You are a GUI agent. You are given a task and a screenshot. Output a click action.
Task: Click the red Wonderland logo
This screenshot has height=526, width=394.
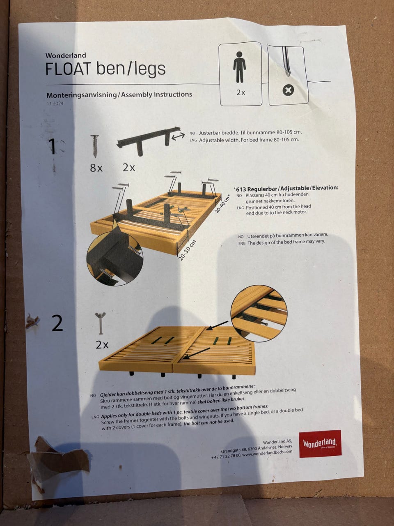click(x=320, y=443)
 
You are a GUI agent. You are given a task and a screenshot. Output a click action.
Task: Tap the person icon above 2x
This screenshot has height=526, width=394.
click(x=239, y=67)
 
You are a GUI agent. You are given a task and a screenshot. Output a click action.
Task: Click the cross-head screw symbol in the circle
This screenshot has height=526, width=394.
click(x=288, y=90)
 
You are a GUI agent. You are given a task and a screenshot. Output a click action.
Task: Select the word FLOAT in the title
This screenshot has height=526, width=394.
click(x=69, y=69)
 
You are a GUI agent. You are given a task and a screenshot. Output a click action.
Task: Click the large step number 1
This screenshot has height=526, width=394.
click(x=53, y=146)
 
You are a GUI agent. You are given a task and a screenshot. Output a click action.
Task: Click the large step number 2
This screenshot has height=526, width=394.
click(x=57, y=323)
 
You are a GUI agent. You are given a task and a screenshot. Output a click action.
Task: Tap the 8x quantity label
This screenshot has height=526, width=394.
click(x=96, y=168)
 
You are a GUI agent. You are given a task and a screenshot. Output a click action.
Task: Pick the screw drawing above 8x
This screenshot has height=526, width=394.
click(x=95, y=146)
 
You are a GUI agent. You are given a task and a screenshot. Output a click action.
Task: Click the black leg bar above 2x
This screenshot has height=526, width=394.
click(x=148, y=140)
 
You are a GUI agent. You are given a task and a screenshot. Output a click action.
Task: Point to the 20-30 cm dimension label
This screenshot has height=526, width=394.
click(x=187, y=250)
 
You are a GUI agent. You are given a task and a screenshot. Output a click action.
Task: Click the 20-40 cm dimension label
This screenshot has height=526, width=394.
click(x=222, y=203)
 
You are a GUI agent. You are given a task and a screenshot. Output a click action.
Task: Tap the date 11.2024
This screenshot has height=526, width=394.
click(x=55, y=104)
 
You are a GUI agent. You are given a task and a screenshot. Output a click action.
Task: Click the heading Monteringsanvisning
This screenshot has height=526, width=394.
click(x=82, y=95)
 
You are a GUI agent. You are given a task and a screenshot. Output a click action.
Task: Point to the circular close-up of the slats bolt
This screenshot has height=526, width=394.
click(x=259, y=313)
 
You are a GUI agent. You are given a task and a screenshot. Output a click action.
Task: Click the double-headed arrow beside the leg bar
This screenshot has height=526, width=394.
click(x=178, y=136)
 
